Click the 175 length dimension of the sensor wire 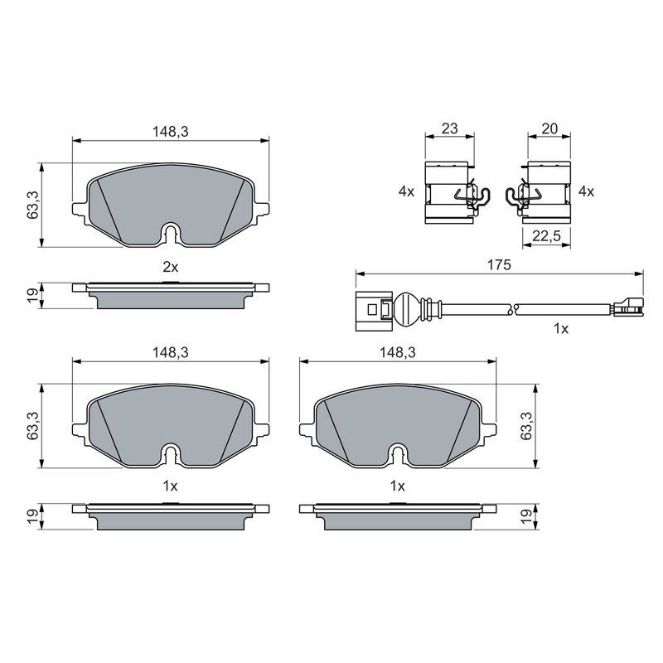point(499,265)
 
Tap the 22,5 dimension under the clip point(546,236)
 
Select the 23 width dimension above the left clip point(449,128)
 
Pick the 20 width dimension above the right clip point(549,128)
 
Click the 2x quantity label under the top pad point(171,267)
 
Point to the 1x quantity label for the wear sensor point(561,328)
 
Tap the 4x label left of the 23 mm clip point(406,191)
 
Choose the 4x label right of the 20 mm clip point(586,191)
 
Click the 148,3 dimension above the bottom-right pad point(398,352)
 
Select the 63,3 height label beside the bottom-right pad point(527,425)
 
